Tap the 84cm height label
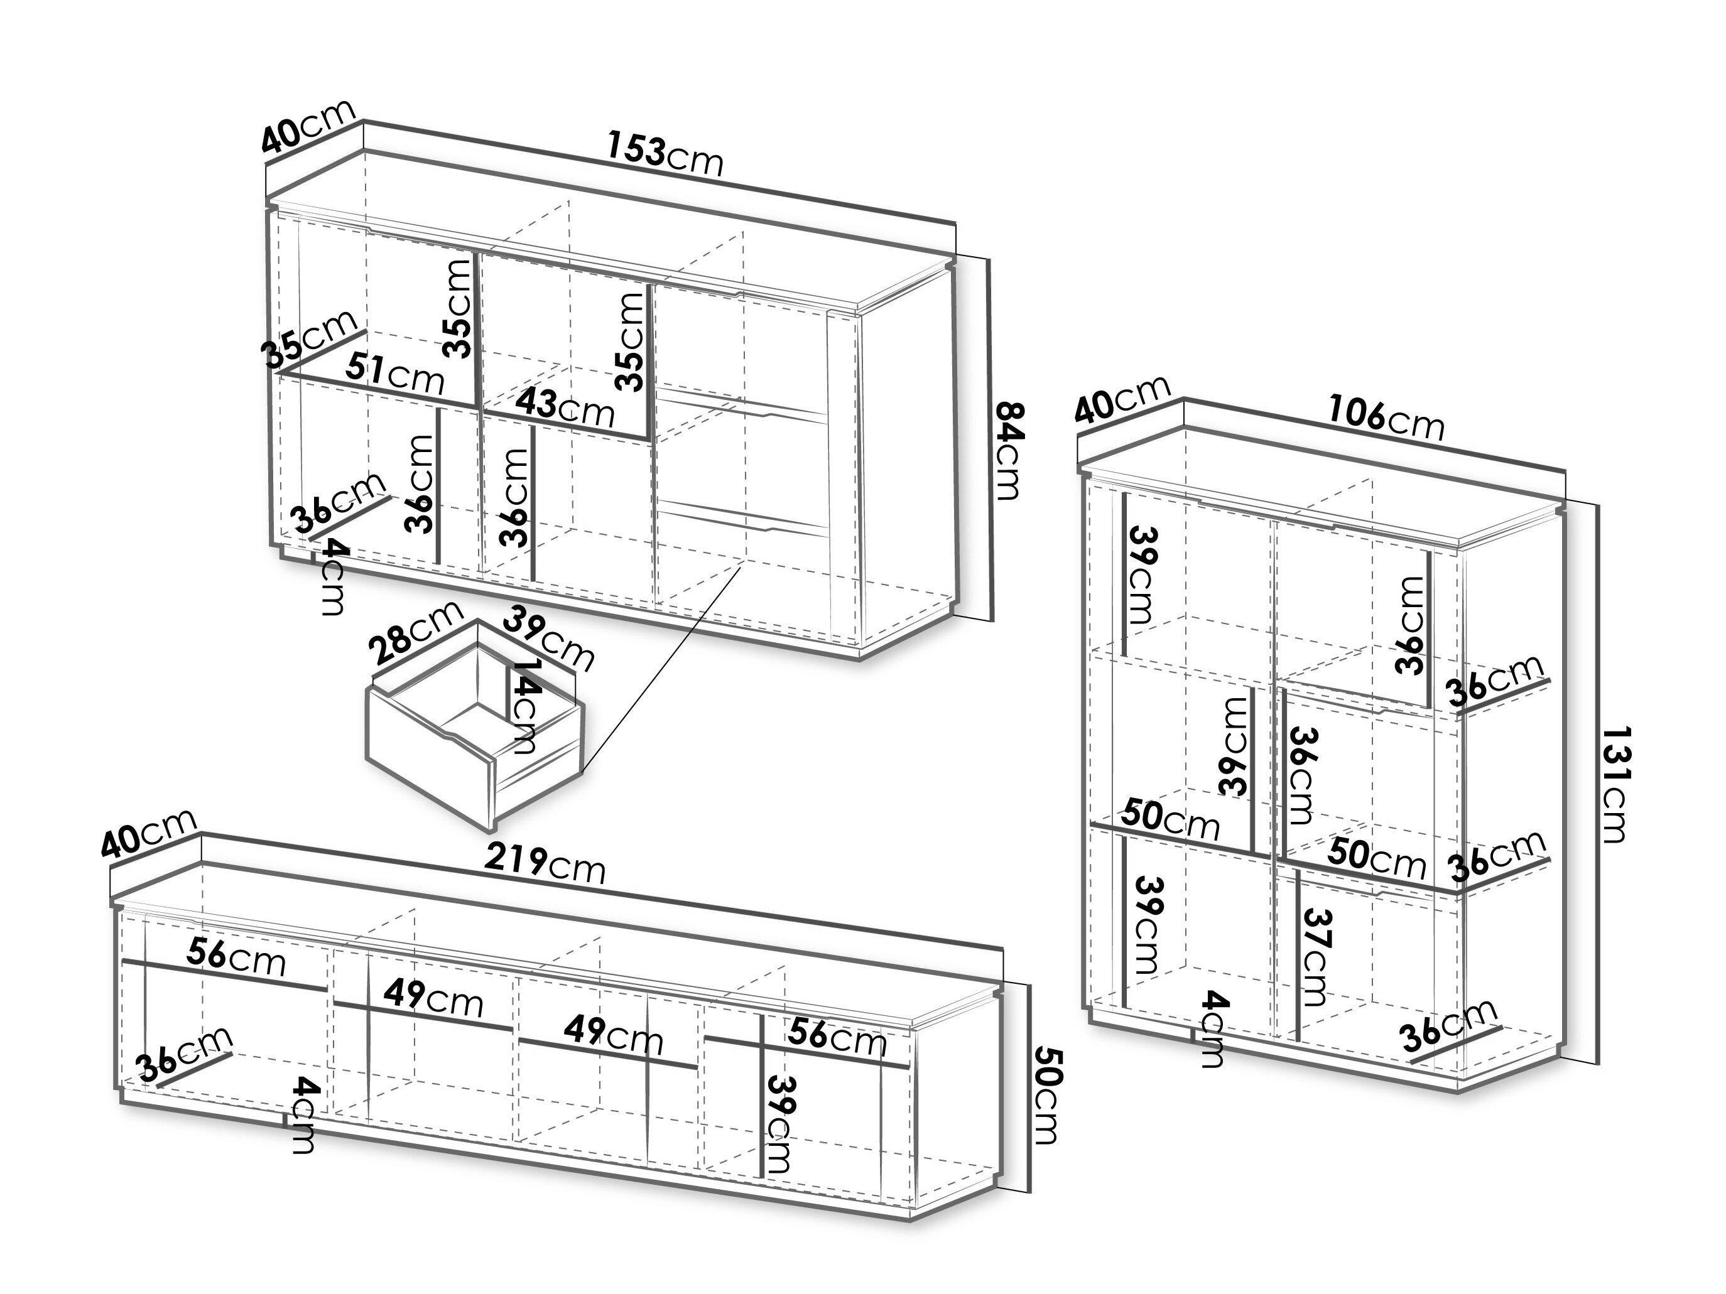coord(1007,451)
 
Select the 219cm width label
coord(545,864)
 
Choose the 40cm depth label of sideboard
coord(308,126)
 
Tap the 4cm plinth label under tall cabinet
coord(1212,1028)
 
